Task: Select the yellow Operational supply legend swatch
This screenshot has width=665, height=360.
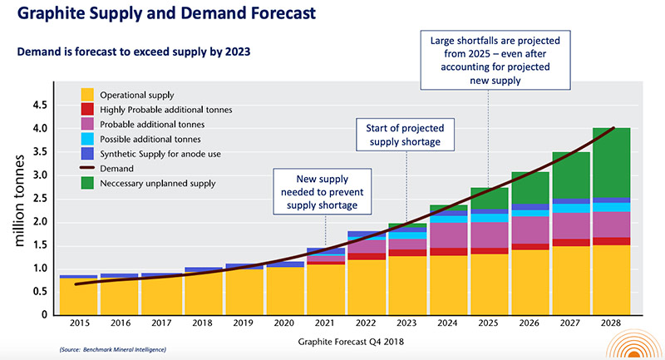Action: [86, 95]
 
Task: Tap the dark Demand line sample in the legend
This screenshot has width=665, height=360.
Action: [86, 168]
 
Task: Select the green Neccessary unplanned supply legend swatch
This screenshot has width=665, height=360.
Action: [86, 183]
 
